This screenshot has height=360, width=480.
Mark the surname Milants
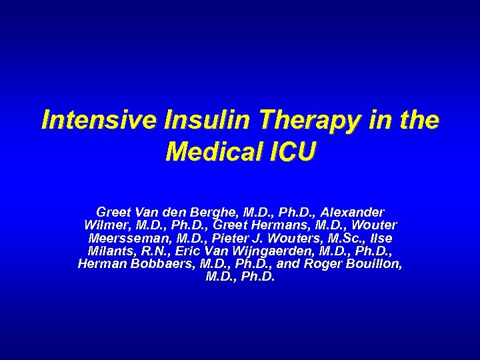pyautogui.click(x=109, y=251)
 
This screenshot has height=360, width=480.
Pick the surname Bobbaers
pyautogui.click(x=159, y=263)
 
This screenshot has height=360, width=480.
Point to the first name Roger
pyautogui.click(x=324, y=263)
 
